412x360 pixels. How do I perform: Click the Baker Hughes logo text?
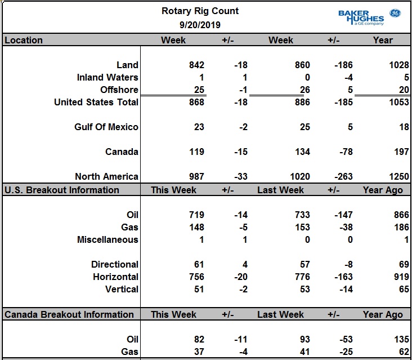coord(361,17)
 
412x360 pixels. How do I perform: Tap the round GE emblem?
coord(395,13)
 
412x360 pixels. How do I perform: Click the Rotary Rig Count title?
coord(200,11)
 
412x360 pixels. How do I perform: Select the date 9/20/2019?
coord(200,25)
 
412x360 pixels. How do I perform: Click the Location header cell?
coord(24,40)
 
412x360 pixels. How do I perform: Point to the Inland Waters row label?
coord(108,77)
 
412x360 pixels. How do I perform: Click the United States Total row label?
coord(96,102)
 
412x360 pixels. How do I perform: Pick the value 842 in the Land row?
coord(196,65)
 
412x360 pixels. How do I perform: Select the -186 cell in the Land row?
coord(343,65)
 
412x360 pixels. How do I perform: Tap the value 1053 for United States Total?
coord(399,102)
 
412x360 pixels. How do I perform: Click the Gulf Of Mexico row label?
coord(106,127)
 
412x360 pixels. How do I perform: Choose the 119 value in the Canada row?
coord(196,152)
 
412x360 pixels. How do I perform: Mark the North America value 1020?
coord(300,176)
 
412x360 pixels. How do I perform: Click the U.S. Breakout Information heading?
coord(62,190)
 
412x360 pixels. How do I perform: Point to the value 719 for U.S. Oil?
coord(196,215)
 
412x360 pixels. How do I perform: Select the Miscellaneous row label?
coord(108,239)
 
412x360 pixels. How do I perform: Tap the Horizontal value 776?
coord(302,277)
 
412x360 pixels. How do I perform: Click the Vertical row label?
coord(122,289)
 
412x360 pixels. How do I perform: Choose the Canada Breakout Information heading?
coord(69,314)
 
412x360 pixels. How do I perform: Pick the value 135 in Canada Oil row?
coord(401,339)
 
